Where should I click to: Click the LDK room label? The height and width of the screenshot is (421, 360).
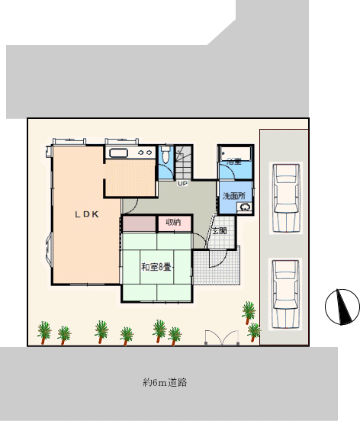pos(87,214)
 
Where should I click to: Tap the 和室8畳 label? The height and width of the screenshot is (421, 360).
pos(156,267)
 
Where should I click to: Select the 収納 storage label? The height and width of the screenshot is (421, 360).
pos(173,222)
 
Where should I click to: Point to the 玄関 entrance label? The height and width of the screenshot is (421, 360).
pos(220,230)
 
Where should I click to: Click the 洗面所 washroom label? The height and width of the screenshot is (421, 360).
pos(234,196)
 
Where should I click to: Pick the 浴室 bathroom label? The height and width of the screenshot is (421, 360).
pos(234,162)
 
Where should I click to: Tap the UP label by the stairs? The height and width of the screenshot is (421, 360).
pos(182,184)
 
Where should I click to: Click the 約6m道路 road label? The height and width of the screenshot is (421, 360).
pos(165,382)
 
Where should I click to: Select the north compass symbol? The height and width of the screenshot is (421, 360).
pos(342,307)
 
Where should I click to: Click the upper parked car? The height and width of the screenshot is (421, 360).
pos(286,198)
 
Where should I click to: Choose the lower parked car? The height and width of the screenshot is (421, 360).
pos(286,294)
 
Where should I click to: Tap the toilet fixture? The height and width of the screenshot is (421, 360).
pos(166,154)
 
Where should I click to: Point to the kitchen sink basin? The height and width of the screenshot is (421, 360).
pos(119,153)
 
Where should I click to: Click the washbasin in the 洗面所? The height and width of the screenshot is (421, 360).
pos(244,207)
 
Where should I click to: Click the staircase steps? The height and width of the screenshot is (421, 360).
pos(184,162)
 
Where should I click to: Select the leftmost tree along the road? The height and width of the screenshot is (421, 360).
pos(44,332)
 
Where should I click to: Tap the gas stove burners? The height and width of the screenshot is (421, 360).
pos(145,153)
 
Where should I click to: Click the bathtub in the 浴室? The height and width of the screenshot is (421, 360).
pos(236,153)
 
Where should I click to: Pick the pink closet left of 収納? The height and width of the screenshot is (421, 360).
pos(139,223)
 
